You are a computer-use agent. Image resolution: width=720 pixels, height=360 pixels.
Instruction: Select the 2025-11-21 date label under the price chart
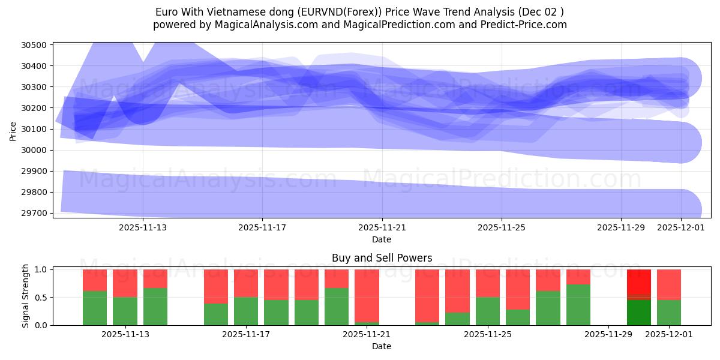(x=382, y=227)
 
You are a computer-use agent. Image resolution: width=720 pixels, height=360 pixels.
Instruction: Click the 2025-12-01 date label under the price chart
(x=680, y=227)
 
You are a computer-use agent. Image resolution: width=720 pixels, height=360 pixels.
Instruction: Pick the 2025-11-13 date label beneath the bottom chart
(x=125, y=335)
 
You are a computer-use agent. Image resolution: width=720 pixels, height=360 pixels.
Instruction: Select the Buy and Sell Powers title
(x=382, y=258)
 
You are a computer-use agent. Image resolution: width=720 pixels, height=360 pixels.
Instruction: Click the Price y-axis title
(x=13, y=130)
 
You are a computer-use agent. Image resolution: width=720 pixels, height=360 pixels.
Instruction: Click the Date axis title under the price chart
(x=382, y=239)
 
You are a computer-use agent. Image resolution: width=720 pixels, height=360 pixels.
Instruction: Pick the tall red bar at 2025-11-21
(x=367, y=295)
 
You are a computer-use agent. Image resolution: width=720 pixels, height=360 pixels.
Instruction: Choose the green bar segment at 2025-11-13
(x=155, y=306)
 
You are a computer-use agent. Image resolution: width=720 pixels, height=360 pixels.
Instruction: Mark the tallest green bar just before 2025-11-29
(x=578, y=305)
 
